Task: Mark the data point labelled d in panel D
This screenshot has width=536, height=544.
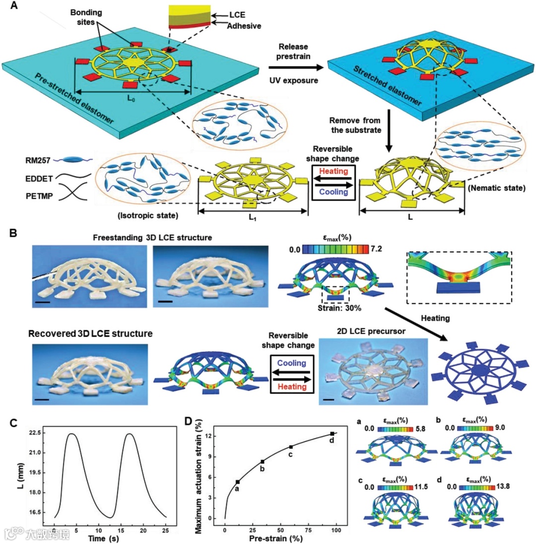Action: (x=332, y=434)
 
